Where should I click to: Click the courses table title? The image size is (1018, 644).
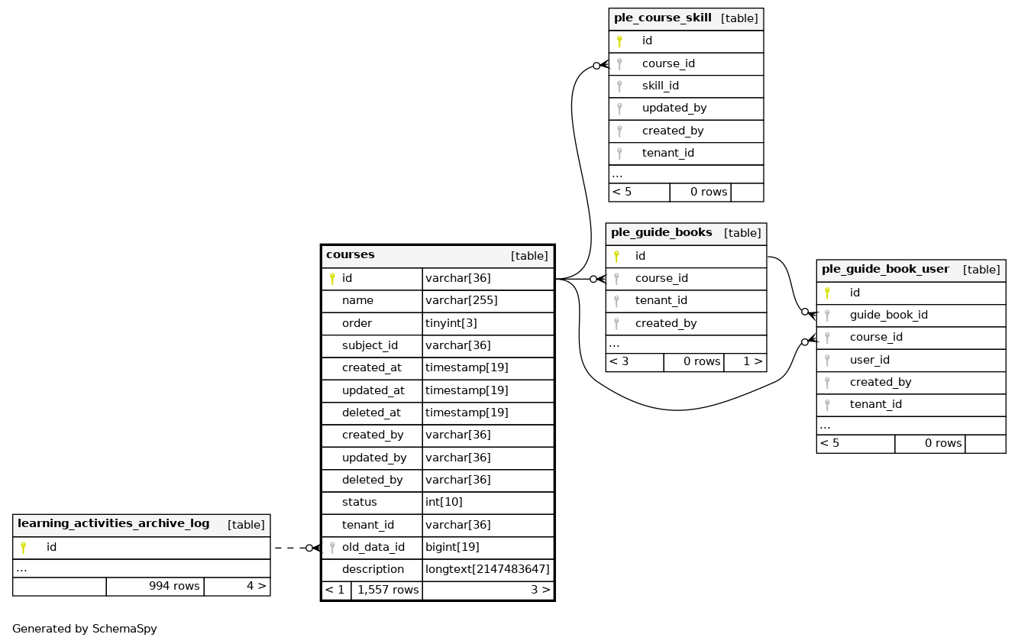tap(351, 255)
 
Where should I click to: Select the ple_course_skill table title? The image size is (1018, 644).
tap(662, 18)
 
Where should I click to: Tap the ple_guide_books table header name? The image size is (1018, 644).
tap(661, 232)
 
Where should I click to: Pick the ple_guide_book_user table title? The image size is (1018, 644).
tap(885, 270)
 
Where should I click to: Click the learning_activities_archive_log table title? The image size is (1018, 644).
tap(113, 524)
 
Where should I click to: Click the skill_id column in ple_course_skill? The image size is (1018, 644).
tap(660, 86)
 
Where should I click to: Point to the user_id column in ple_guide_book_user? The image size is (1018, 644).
tap(869, 360)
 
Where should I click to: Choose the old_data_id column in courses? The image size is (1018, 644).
tap(373, 547)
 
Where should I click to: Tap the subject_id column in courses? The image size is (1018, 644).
tap(370, 345)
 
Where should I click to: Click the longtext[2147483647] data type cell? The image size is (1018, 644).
tap(487, 569)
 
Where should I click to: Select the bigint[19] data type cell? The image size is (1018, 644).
tap(452, 547)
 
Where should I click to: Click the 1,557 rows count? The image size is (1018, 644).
tap(386, 590)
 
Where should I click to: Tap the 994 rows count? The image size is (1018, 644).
tap(174, 586)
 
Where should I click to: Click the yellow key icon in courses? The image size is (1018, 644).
tap(332, 279)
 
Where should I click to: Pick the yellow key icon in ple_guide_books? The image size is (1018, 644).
tap(616, 257)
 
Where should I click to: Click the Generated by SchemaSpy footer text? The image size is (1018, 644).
tap(85, 629)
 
